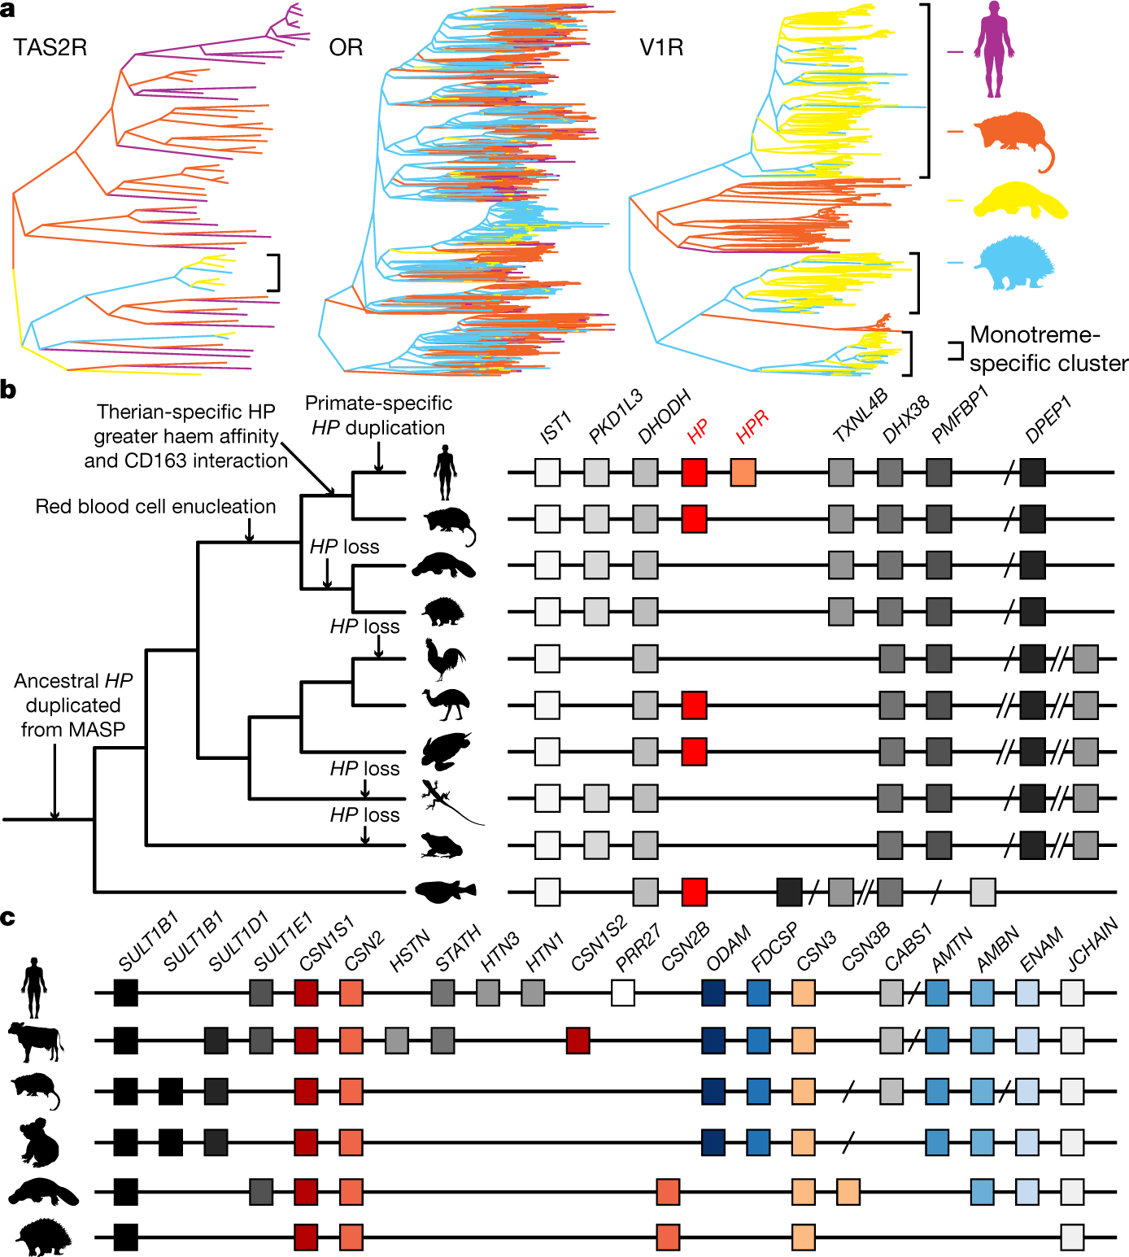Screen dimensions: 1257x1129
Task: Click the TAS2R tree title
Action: point(50,47)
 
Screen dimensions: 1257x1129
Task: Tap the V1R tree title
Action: point(661,47)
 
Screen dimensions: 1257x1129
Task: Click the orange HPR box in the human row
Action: point(743,472)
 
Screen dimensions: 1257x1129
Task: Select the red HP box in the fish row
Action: point(694,892)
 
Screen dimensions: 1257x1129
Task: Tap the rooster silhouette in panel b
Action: point(445,658)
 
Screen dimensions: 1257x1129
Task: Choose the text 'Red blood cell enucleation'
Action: point(155,506)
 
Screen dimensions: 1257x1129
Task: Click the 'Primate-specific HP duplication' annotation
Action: point(378,415)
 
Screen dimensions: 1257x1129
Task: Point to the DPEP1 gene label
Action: point(1048,420)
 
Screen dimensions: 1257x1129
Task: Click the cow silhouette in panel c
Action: point(36,1041)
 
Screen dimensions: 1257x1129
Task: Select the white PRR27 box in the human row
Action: point(623,993)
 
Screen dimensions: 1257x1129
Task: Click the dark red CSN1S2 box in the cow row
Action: point(578,1040)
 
